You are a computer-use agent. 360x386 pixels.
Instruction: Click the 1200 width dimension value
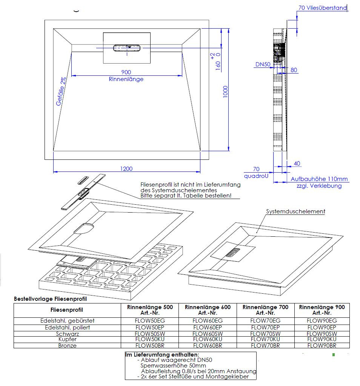126,168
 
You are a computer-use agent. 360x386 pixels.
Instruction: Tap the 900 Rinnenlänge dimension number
126,72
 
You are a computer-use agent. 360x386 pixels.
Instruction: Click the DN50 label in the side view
263,64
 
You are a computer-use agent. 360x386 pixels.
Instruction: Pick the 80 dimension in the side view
294,70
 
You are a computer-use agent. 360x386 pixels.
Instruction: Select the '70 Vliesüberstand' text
322,8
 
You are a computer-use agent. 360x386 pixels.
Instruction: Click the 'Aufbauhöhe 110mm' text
319,179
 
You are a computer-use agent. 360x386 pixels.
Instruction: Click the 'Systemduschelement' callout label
295,211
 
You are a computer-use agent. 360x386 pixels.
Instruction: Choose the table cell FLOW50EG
150,321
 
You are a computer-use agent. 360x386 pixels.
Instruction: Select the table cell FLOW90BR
322,345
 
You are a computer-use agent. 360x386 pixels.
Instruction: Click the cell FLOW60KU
207,339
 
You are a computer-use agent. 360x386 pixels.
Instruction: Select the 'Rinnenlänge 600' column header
208,310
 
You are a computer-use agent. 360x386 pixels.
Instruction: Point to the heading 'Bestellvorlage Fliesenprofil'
50,299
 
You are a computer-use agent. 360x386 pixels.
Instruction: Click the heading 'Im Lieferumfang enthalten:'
162,355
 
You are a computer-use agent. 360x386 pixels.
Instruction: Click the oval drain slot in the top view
126,47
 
